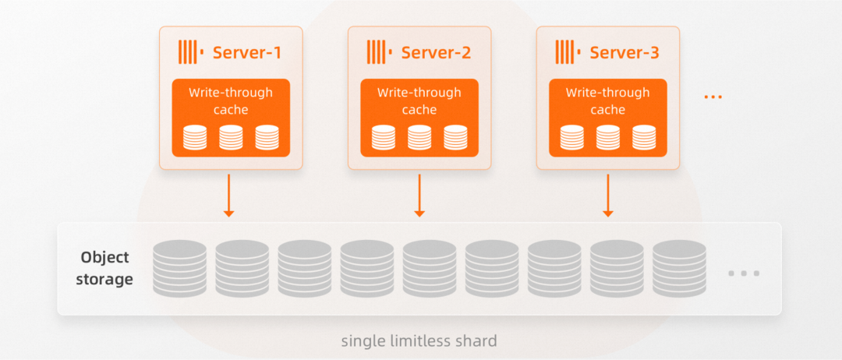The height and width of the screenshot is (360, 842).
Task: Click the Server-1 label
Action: (246, 53)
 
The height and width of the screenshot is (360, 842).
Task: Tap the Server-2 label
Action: (436, 53)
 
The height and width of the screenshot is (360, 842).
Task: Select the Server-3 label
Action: (624, 53)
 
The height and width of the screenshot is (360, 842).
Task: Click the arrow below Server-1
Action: (229, 195)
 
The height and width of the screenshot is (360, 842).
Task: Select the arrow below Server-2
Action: (419, 195)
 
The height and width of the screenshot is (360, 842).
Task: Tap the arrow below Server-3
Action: (608, 195)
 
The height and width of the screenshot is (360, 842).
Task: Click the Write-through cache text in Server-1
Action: (231, 101)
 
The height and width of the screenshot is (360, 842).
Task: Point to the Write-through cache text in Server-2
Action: (419, 101)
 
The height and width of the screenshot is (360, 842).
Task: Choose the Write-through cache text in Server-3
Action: (608, 101)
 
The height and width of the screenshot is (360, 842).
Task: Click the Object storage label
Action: (104, 268)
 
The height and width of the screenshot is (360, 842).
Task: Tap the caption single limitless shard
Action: (419, 341)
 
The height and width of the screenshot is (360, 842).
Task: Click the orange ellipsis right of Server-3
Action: (713, 97)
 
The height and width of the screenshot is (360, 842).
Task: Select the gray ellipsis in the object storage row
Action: (743, 274)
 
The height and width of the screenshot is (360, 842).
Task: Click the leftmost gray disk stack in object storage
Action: (179, 268)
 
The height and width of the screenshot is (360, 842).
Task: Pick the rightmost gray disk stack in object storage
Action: (679, 268)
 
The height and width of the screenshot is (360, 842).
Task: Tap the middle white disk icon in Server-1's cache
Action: (231, 137)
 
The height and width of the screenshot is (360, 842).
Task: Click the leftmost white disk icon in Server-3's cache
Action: (571, 137)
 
